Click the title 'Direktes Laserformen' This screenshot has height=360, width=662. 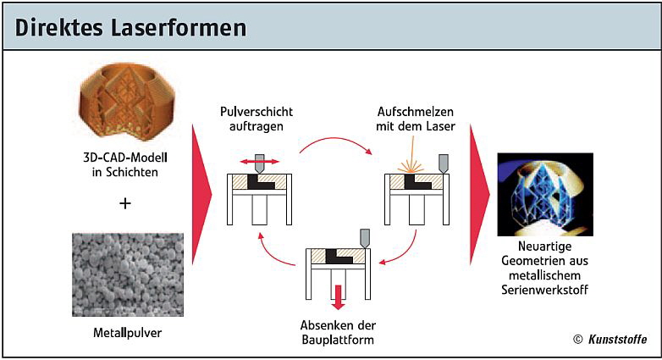coord(131,27)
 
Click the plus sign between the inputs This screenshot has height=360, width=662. coord(125,203)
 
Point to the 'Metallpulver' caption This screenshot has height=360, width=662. coord(127,332)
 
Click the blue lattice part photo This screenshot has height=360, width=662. coord(544,194)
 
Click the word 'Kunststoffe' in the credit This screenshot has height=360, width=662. coord(619,340)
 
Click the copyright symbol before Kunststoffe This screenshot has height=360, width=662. coord(578,340)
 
